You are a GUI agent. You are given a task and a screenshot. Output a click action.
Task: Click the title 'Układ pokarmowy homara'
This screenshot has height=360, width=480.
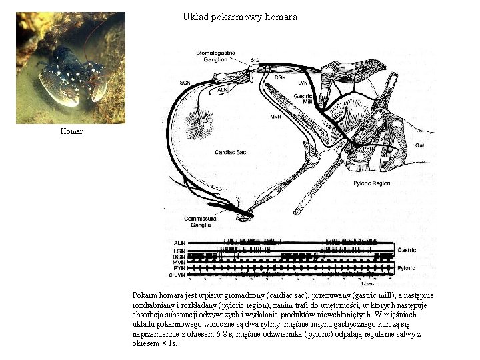pyautogui.click(x=239, y=16)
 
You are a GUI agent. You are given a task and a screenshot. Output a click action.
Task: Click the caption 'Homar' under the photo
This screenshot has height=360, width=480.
pyautogui.click(x=71, y=131)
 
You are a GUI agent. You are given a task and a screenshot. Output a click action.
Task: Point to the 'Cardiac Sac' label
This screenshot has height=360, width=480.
pyautogui.click(x=231, y=153)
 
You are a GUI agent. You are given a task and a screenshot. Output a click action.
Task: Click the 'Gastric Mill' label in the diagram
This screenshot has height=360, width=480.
pyautogui.click(x=303, y=99)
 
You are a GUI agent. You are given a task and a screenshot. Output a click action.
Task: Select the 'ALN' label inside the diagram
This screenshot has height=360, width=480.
pyautogui.click(x=223, y=89)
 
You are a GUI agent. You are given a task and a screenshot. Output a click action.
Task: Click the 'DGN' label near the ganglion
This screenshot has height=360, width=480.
pyautogui.click(x=281, y=77)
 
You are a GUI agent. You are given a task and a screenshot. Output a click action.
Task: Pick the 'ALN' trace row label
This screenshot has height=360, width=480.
pyautogui.click(x=179, y=242)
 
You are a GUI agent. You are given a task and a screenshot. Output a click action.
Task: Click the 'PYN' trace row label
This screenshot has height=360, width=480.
pyautogui.click(x=179, y=268)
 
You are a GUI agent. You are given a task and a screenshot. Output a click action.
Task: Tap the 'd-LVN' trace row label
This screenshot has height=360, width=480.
pyautogui.click(x=177, y=274)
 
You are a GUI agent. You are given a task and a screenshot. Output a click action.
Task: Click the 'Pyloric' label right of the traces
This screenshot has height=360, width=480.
pyautogui.click(x=407, y=267)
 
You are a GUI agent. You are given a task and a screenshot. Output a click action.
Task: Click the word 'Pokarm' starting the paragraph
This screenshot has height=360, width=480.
pyautogui.click(x=145, y=295)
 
